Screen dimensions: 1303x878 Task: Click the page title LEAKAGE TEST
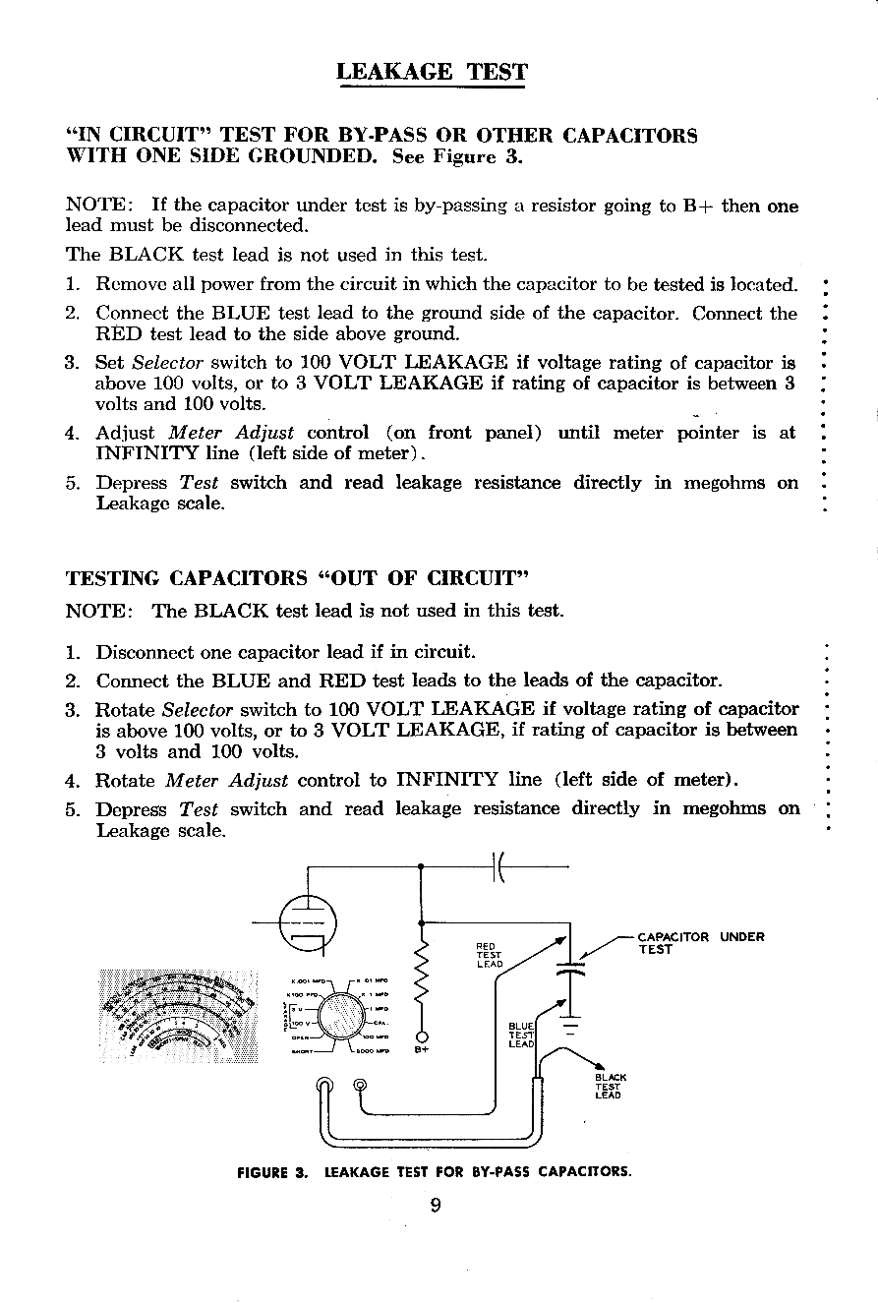432,72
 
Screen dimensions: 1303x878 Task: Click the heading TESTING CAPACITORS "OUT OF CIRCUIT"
298,575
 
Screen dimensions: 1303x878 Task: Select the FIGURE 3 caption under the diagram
434,1172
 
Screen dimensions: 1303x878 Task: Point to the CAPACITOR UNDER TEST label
700,942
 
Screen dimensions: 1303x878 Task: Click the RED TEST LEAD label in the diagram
489,955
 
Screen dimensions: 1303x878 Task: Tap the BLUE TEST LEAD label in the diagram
520,1035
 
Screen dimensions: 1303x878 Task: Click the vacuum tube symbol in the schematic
307,922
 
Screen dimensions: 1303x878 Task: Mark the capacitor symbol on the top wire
498,867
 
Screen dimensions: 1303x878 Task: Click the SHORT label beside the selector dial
302,1050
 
